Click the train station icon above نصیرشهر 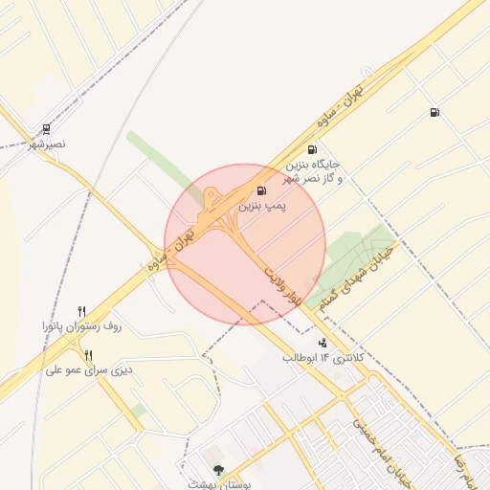coord(46,128)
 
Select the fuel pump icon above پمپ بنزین coord(262,190)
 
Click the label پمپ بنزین coord(262,206)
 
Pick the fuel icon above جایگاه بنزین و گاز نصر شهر coord(312,149)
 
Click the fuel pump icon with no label coord(435,113)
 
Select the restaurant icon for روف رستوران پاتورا coord(81,311)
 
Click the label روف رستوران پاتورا coord(81,327)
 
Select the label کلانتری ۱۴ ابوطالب coord(325,358)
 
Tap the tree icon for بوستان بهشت coord(218,469)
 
